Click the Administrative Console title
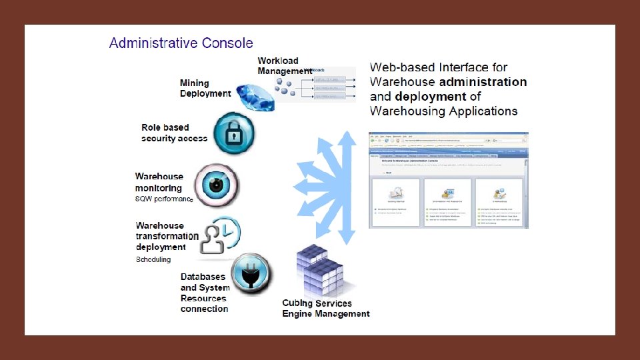coord(181,43)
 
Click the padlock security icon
coord(233,133)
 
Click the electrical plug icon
coord(252,273)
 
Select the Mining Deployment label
coord(205,88)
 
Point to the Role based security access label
coord(174,133)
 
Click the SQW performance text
coord(164,199)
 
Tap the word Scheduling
coord(153,259)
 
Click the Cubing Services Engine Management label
coord(325,309)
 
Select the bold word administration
coord(483,82)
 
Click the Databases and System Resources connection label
coord(205,293)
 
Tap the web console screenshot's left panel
coord(395,203)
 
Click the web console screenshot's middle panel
coord(447,203)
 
